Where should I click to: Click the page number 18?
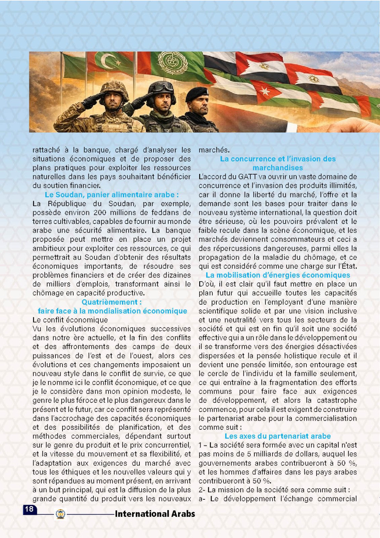29,509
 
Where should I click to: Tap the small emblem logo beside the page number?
60,514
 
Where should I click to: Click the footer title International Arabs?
155,514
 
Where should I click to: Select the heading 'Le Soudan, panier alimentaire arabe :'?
112,195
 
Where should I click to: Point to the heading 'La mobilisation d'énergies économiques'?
278,275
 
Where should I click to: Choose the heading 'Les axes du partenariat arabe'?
278,436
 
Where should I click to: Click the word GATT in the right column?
248,177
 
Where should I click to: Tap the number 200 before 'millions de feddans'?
100,213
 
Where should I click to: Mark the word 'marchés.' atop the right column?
214,150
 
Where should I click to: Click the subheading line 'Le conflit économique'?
70,320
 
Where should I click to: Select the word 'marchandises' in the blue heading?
278,168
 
